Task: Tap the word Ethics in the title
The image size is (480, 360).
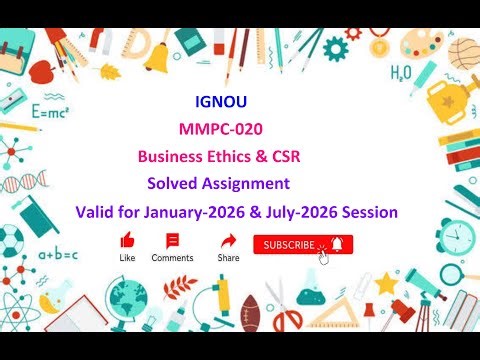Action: click(x=225, y=157)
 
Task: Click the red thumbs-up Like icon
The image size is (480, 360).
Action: click(x=127, y=241)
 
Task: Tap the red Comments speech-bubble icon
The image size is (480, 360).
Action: click(x=172, y=241)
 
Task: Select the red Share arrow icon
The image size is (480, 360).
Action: click(x=228, y=241)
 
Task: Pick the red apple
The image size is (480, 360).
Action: click(x=42, y=71)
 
